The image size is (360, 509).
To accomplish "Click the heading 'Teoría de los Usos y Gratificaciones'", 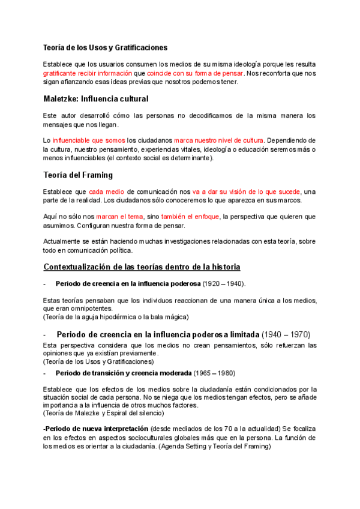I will click(105, 47).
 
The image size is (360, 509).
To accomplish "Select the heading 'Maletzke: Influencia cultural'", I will click(96, 98).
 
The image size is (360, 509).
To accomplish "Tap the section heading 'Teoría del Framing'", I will click(78, 175).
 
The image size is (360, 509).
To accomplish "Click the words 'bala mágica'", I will click(171, 316).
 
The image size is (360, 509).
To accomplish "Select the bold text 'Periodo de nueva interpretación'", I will click(97, 429).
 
